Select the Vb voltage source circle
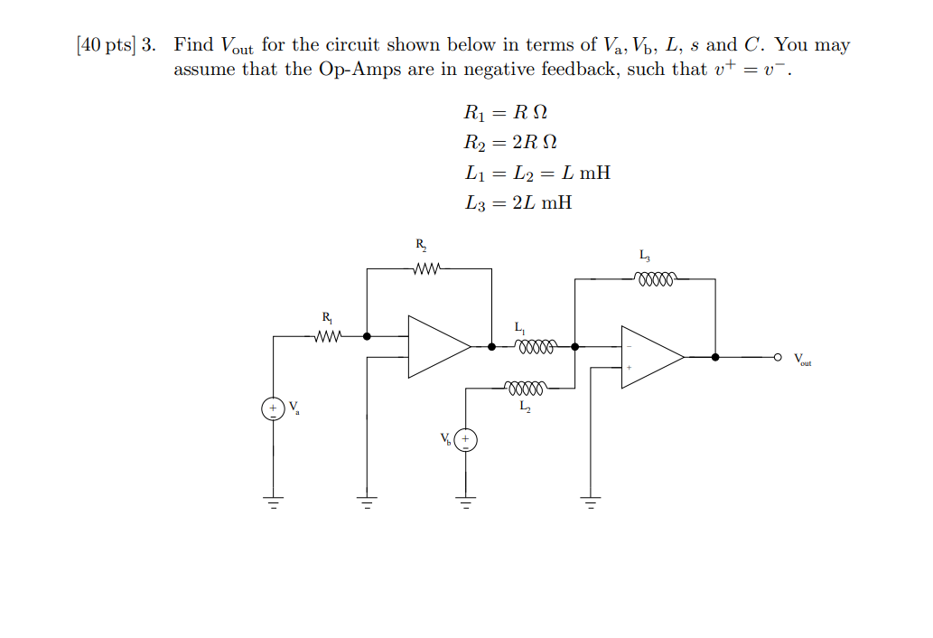(x=465, y=441)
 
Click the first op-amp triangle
(x=436, y=346)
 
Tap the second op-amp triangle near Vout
(x=649, y=357)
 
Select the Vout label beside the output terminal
(x=803, y=360)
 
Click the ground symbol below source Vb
(x=465, y=502)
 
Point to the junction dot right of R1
(x=367, y=336)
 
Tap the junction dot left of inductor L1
(x=491, y=346)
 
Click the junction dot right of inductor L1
(x=575, y=346)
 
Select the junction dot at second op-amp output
(x=715, y=357)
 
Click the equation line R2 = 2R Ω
(x=509, y=142)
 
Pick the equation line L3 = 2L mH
(x=518, y=202)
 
